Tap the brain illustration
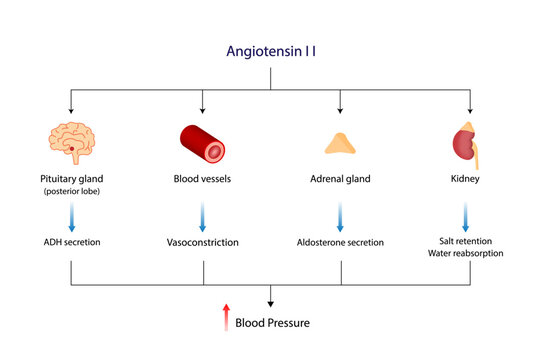point(71,143)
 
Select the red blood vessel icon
point(203,143)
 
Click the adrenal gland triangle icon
point(340,144)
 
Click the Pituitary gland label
point(71,180)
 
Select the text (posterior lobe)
point(71,192)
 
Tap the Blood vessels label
point(203,180)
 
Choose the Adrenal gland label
point(340,180)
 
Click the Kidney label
point(465,180)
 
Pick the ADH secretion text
point(71,242)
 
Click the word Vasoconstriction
point(203,242)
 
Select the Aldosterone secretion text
point(340,242)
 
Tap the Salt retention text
point(465,240)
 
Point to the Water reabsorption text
point(465,254)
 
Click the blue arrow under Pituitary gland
point(71,217)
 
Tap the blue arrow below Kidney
point(465,216)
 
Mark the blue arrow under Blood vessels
point(203,216)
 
